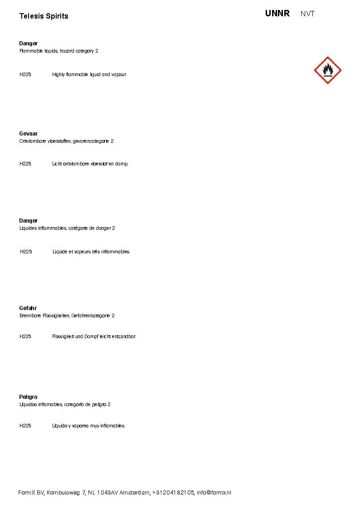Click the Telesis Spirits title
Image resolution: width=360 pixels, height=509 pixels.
tap(44, 16)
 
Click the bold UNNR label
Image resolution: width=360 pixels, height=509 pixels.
tap(277, 14)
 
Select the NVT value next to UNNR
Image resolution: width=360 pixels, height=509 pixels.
tap(307, 14)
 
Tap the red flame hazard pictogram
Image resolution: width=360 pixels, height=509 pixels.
tap(327, 70)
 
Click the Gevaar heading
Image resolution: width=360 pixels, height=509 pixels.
tap(28, 134)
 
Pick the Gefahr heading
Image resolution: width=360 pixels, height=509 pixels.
tap(28, 308)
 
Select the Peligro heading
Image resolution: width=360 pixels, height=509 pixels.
tap(28, 397)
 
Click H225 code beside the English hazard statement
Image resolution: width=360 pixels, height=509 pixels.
tap(25, 74)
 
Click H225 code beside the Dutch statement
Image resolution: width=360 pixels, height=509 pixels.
tap(25, 164)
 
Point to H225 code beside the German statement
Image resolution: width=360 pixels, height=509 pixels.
tap(25, 337)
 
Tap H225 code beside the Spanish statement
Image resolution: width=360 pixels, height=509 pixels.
tap(25, 426)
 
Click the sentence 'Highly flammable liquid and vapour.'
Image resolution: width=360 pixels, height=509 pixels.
tap(89, 74)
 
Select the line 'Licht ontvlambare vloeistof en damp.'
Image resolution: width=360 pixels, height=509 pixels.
tap(90, 164)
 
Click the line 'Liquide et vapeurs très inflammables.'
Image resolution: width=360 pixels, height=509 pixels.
tap(91, 252)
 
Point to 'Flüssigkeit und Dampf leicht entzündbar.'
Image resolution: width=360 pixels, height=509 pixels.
tap(94, 337)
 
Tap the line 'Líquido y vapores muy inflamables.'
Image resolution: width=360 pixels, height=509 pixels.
tap(88, 426)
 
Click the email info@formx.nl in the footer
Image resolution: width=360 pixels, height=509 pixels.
tap(214, 493)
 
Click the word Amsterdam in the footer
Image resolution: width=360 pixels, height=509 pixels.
tap(135, 493)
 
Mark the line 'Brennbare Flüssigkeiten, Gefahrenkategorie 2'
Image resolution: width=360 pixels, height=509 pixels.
tap(67, 315)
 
